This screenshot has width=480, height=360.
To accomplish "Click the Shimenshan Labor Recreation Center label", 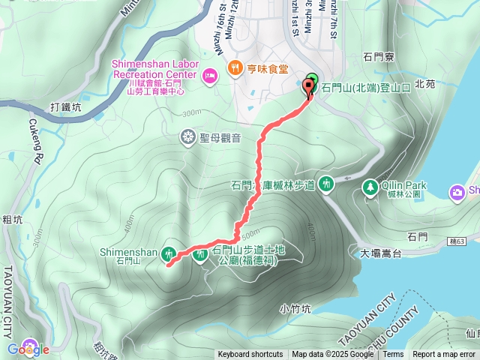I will pyautogui.click(x=153, y=69).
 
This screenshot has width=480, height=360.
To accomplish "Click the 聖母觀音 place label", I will pyautogui.click(x=220, y=137).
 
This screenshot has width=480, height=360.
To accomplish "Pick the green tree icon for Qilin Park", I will pyautogui.click(x=369, y=187).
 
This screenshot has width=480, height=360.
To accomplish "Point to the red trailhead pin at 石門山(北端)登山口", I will pyautogui.click(x=308, y=89).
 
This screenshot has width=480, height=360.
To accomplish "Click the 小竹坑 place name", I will pyautogui.click(x=294, y=308).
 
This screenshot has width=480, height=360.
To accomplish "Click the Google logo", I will pyautogui.click(x=28, y=349).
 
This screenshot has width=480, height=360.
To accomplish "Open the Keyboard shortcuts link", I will pyautogui.click(x=250, y=355).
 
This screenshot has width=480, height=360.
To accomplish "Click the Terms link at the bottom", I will pyautogui.click(x=393, y=355).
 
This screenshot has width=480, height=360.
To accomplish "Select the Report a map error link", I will pyautogui.click(x=444, y=355).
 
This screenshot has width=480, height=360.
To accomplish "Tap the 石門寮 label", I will pyautogui.click(x=379, y=55).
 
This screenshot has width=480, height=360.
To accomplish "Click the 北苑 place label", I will pyautogui.click(x=424, y=84).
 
